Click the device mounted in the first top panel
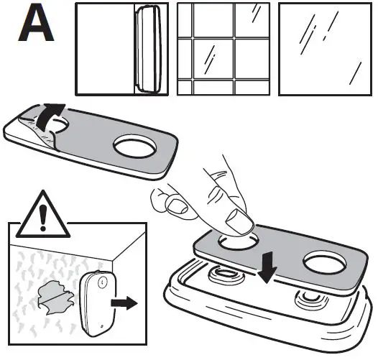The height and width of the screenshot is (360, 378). point(147,49)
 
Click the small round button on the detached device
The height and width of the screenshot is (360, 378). point(101,283)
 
